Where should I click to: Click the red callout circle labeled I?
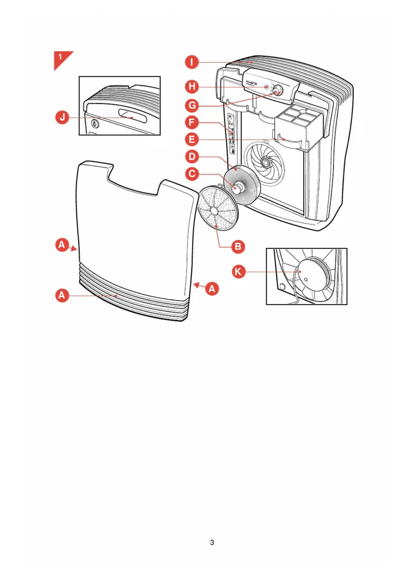(x=192, y=62)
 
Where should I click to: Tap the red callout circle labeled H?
(x=192, y=87)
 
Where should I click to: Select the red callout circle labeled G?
(x=192, y=106)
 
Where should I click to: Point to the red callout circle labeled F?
(x=192, y=123)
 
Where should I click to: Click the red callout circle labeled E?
(x=192, y=139)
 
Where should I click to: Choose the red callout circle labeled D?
(x=192, y=157)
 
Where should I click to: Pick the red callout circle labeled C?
(x=192, y=174)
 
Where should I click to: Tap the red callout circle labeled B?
(x=238, y=247)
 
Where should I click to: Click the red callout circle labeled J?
(x=62, y=117)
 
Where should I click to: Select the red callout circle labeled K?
(x=238, y=272)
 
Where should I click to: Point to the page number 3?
(x=212, y=543)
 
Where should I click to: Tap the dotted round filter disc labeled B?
(x=218, y=208)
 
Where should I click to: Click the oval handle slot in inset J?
(x=133, y=116)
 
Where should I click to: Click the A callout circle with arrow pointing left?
(x=212, y=289)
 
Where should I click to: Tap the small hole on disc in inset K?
(x=306, y=280)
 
